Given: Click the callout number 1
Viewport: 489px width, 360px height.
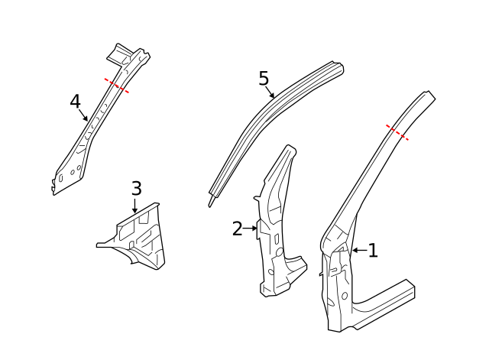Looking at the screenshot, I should (373, 250).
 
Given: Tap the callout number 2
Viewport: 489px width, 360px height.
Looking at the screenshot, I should (238, 228).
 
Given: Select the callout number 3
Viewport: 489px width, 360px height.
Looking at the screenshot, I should (136, 187).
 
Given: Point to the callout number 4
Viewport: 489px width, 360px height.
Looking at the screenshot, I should (75, 101).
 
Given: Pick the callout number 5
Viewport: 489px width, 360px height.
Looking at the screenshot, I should (264, 78).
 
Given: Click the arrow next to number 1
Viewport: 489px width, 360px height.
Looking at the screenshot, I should (358, 250).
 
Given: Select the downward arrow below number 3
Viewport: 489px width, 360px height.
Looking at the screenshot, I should (135, 204).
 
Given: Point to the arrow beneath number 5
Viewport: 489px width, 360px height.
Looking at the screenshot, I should (270, 92).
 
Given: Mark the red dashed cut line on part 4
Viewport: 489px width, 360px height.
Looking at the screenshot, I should (117, 86).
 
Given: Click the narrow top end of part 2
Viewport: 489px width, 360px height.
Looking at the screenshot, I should (289, 150).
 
